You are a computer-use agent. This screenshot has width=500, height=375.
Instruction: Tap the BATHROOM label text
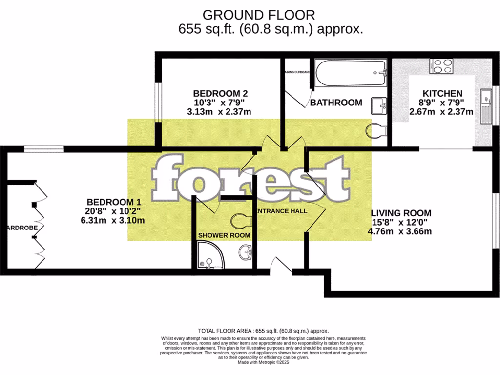(x=336, y=103)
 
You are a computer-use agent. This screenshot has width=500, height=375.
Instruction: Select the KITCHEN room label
(x=442, y=94)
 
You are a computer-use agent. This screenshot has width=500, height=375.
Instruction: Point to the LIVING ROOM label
(x=401, y=213)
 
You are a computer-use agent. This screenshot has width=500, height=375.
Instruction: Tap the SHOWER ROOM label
(x=224, y=235)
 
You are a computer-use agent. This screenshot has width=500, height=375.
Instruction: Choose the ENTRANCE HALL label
(x=282, y=211)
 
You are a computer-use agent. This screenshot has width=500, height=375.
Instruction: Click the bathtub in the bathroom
(x=350, y=73)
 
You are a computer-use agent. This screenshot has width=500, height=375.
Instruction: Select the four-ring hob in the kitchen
(x=442, y=66)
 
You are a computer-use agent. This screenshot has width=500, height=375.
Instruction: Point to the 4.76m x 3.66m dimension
(x=400, y=231)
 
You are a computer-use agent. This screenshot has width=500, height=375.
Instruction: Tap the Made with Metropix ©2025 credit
(x=263, y=362)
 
